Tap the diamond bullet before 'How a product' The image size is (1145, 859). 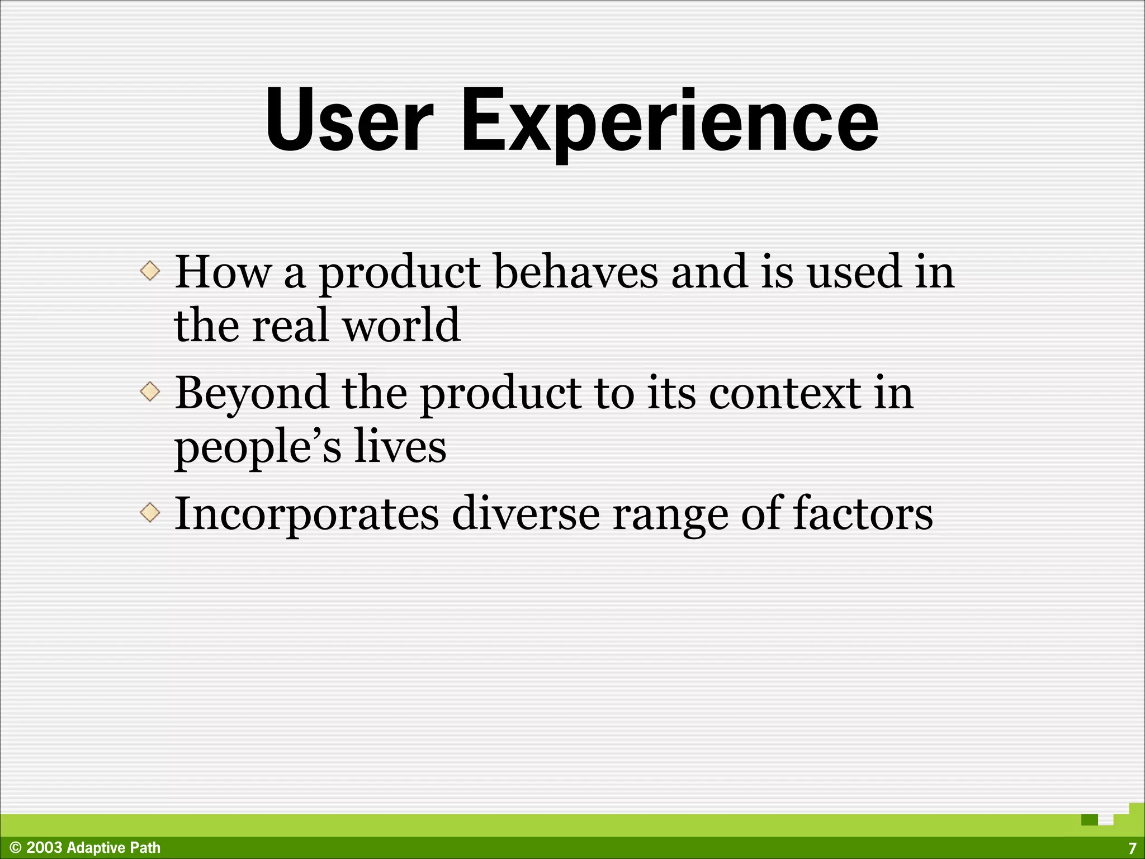[150, 271]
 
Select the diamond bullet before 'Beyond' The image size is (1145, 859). [150, 391]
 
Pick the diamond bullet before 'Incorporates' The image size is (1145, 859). [150, 512]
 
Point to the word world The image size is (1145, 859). [401, 325]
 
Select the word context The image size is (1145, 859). [785, 393]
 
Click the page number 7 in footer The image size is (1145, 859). [1132, 848]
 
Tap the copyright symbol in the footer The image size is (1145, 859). [16, 848]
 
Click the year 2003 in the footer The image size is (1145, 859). [44, 848]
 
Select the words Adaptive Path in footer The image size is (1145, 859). [113, 848]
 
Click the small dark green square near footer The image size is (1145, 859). [1090, 820]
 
